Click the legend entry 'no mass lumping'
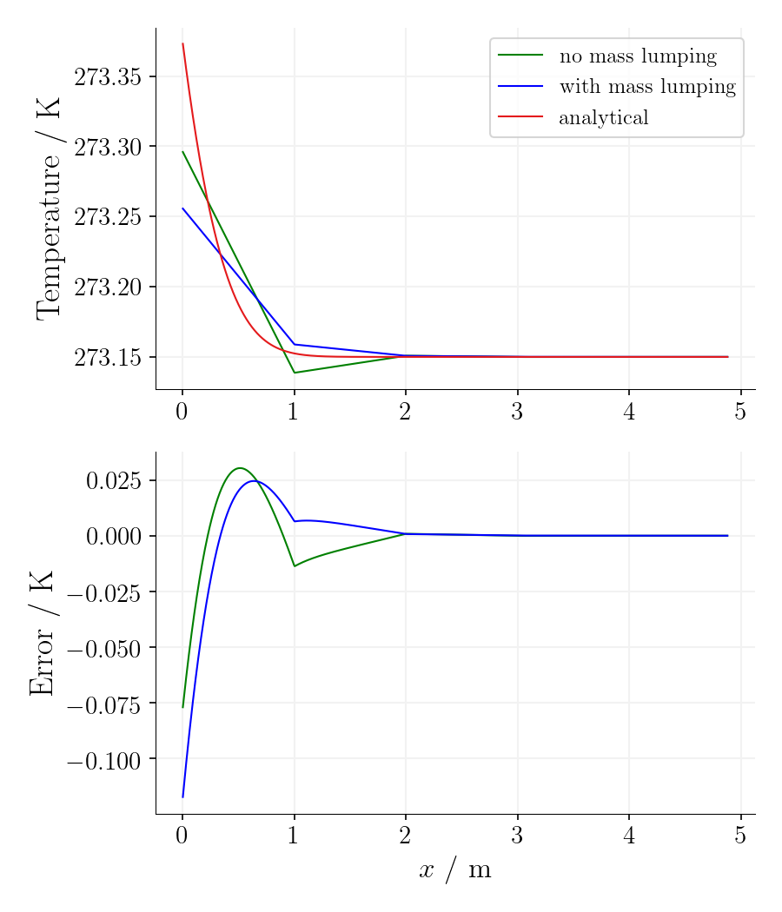637,57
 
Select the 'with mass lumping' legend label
646,87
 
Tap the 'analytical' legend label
603,117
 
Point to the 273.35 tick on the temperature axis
107,77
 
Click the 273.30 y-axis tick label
107,147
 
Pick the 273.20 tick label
107,287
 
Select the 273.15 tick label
107,358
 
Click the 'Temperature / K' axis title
49,208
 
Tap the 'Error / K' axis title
42,633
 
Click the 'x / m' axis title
455,870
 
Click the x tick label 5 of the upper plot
740,412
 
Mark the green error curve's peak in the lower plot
240,467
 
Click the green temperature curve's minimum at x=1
295,373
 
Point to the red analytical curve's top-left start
182,43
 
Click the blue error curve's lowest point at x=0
182,796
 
